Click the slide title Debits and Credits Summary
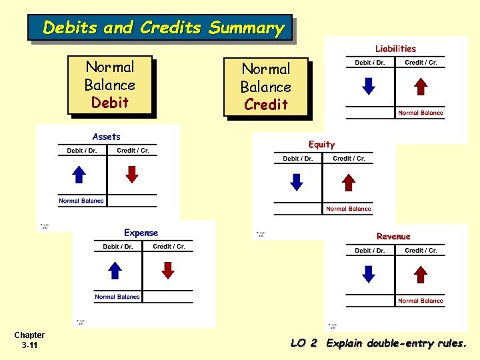163,28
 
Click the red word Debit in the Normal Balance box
110,103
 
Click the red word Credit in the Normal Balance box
266,105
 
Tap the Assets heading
107,137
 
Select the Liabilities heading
395,49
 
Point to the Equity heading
321,145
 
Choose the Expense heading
141,233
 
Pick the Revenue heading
393,237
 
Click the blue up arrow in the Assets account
79,175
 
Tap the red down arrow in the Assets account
133,175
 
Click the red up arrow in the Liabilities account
420,87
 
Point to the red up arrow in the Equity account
349,183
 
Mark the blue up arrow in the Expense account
115,270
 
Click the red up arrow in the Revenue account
420,274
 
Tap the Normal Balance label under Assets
81,201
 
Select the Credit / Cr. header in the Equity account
349,159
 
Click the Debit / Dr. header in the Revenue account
370,251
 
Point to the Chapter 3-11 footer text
29,340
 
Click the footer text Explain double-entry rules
397,343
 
